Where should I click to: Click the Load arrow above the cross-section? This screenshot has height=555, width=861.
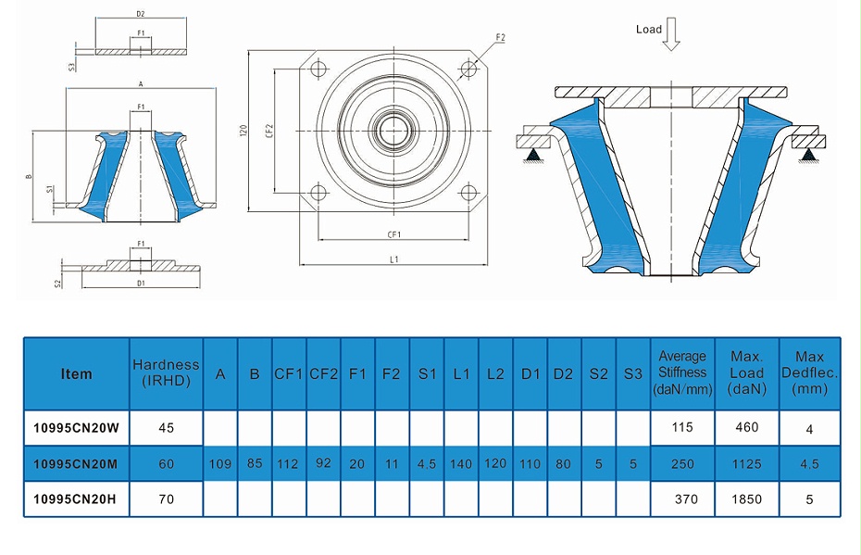coord(672,35)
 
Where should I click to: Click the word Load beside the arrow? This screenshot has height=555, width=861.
coord(648,30)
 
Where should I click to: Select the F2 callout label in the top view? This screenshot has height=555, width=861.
coord(500,38)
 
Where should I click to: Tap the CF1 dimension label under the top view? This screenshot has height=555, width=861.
coord(394,235)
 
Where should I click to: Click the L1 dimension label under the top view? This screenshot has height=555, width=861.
coord(394,260)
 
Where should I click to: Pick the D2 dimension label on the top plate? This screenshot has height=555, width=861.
coord(141,15)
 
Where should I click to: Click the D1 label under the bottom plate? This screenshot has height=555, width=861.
coord(141,283)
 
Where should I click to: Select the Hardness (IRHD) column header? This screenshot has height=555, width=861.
coord(166,373)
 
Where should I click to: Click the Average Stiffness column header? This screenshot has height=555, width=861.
coord(681,373)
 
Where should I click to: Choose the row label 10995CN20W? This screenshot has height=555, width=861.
coord(76,427)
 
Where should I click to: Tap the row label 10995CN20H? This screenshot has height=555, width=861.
coord(76,498)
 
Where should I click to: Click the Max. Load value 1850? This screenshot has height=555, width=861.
coord(746,498)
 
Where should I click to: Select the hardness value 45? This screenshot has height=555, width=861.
coord(166,427)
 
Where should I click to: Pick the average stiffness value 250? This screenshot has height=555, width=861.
coord(681,463)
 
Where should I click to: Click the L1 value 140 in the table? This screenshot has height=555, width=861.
coord(461,463)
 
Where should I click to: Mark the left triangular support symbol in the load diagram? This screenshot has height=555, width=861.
coord(534,155)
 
